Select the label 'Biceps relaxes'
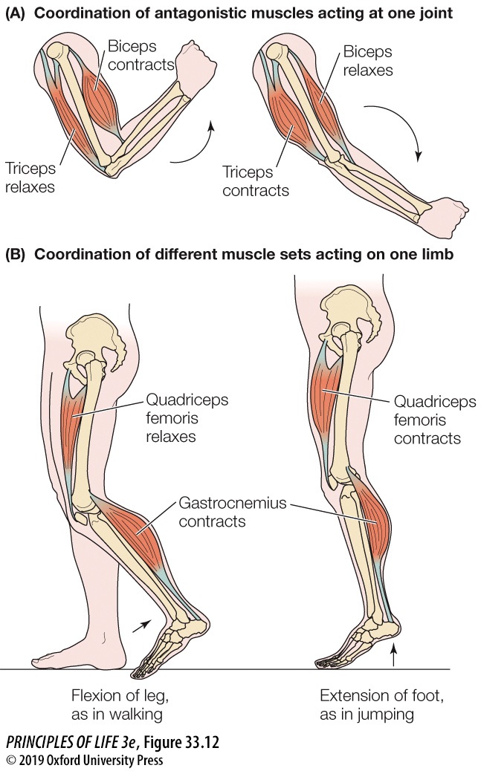(x=367, y=62)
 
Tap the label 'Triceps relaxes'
(x=30, y=177)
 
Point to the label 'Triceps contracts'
(x=256, y=181)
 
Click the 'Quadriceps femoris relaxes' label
(x=187, y=418)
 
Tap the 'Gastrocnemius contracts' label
(x=222, y=513)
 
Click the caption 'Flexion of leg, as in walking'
(x=117, y=705)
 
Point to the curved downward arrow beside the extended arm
(x=402, y=130)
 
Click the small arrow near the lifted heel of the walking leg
(x=139, y=626)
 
